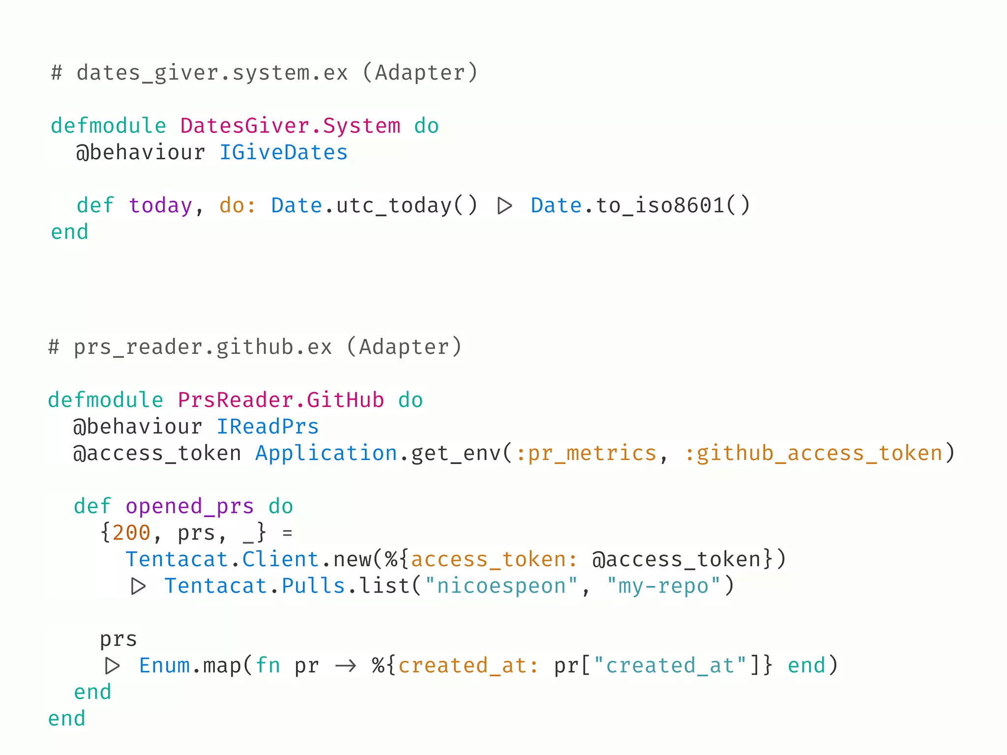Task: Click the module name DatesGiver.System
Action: coord(290,126)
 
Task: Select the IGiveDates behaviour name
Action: coord(283,152)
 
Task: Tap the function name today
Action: coord(160,205)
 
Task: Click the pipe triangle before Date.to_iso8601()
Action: coord(504,205)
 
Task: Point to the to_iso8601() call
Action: coord(673,205)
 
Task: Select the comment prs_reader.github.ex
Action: coord(203,347)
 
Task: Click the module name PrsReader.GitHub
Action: coord(280,400)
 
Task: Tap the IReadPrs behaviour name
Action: coord(267,427)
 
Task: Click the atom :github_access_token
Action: coord(813,453)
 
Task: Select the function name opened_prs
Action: coord(189,506)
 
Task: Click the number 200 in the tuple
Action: coord(131,533)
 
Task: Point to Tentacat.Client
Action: coord(222,559)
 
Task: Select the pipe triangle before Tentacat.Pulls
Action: coord(138,586)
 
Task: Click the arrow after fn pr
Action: coord(345,666)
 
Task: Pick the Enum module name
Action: coord(164,666)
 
